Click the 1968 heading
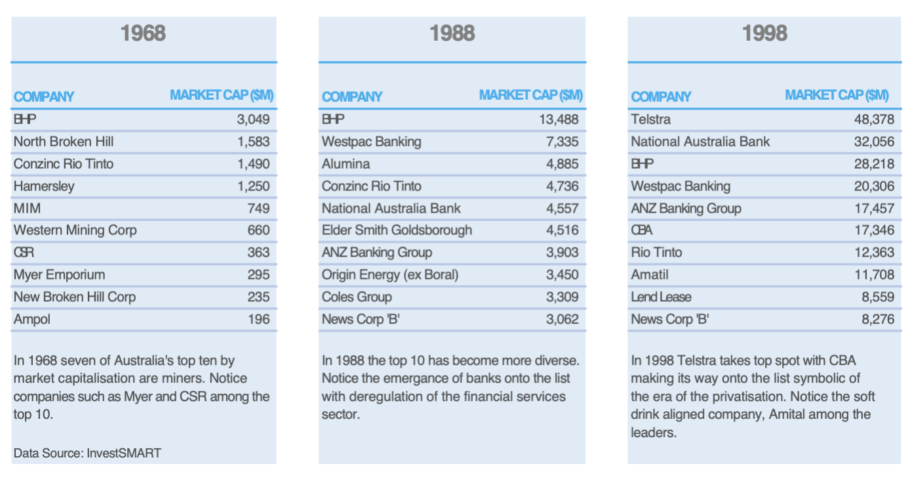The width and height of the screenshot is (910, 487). tap(144, 33)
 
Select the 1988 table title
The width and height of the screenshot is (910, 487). tap(452, 33)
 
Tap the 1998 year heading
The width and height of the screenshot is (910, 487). tap(764, 33)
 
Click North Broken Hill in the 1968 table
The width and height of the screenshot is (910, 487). tap(64, 142)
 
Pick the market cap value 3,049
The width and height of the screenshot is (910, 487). tap(253, 119)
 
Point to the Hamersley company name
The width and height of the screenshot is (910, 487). tap(44, 186)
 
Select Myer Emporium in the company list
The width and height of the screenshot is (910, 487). tap(59, 275)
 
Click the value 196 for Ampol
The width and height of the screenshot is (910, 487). tap(258, 320)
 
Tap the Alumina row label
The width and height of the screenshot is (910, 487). tap(346, 164)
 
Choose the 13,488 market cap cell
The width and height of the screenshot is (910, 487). tap(559, 119)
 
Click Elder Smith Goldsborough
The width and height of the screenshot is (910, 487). tap(397, 230)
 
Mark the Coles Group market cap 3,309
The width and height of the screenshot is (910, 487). tap(563, 297)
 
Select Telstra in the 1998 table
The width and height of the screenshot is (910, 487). tap(650, 119)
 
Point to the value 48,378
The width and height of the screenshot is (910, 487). tap(874, 119)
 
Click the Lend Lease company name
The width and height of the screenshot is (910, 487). tap(661, 297)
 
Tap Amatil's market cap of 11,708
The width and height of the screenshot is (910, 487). tap(874, 275)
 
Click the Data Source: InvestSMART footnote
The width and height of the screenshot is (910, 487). tap(87, 453)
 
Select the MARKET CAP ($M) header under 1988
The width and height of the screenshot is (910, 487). tap(530, 95)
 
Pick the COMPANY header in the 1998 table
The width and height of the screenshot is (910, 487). tap(661, 97)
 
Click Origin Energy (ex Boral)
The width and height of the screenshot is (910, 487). tap(389, 275)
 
